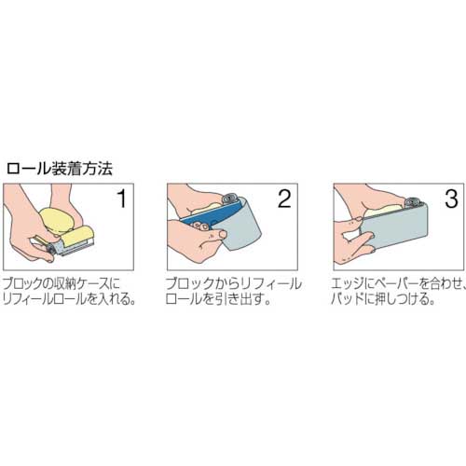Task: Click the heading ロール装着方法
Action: (x=59, y=170)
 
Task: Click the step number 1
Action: (x=122, y=199)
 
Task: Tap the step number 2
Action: (x=284, y=199)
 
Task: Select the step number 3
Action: (x=451, y=199)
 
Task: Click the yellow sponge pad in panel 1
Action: (x=57, y=221)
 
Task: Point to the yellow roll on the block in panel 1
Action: (x=77, y=237)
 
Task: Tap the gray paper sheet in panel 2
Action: (x=242, y=226)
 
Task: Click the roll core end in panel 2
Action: (x=230, y=198)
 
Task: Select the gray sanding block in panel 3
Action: (x=394, y=228)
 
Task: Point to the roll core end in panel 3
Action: (x=413, y=201)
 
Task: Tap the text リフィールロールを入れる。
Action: (x=69, y=298)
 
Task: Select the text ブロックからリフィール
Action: (x=233, y=283)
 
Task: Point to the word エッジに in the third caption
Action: (x=353, y=283)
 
